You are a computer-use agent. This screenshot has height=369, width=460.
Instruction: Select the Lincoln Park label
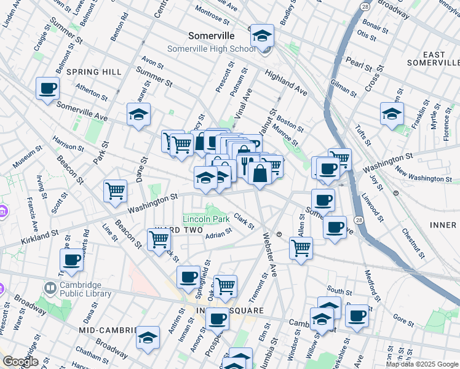click(x=206, y=219)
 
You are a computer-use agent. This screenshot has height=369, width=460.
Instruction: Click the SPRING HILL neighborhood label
click(x=94, y=72)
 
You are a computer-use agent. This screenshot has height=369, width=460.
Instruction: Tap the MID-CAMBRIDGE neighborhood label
click(x=108, y=330)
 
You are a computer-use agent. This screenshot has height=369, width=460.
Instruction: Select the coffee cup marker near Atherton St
click(x=47, y=89)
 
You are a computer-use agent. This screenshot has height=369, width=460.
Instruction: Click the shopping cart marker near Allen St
click(x=301, y=248)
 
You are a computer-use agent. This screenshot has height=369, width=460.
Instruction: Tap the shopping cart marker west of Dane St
click(x=115, y=191)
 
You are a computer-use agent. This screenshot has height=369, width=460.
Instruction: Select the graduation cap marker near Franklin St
click(x=392, y=113)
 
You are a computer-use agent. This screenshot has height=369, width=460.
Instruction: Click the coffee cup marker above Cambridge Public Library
click(x=72, y=260)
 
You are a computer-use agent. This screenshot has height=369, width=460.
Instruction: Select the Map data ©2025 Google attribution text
click(x=422, y=364)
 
